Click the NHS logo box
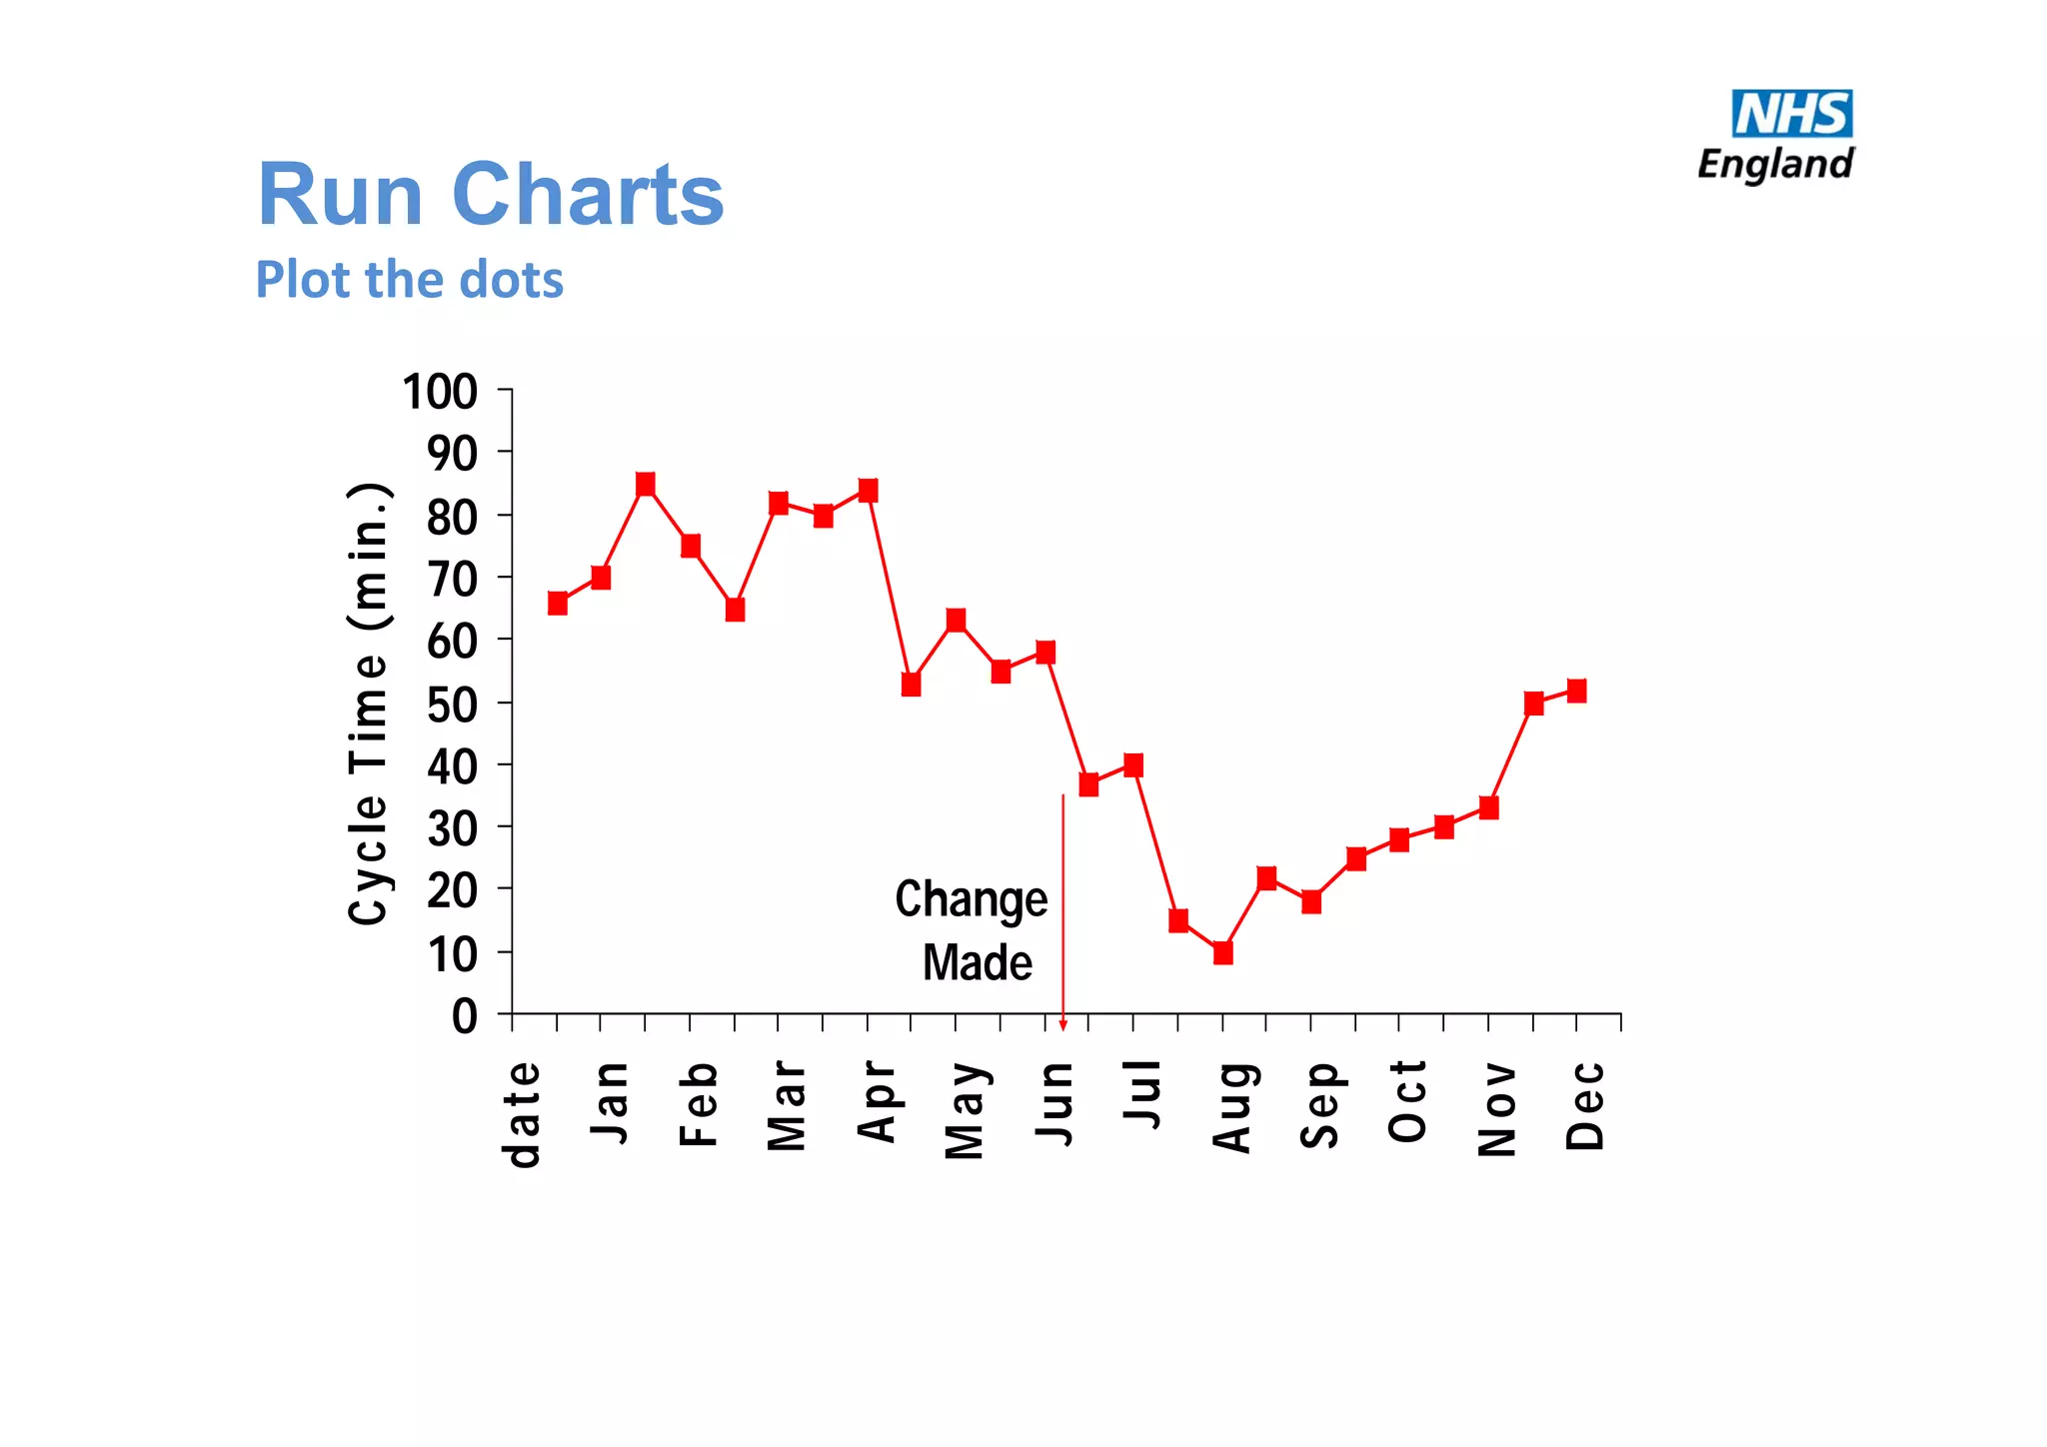[1791, 113]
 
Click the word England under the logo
[1775, 164]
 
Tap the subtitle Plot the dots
[409, 279]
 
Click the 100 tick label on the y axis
[440, 392]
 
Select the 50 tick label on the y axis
[452, 705]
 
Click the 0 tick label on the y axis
[464, 1016]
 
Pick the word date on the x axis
[522, 1113]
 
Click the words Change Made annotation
[973, 930]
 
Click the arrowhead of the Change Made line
[1062, 1024]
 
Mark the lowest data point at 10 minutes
[1222, 952]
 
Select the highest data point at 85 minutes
[645, 485]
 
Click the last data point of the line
[1576, 691]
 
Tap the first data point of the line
[558, 603]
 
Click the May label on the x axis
[965, 1110]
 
